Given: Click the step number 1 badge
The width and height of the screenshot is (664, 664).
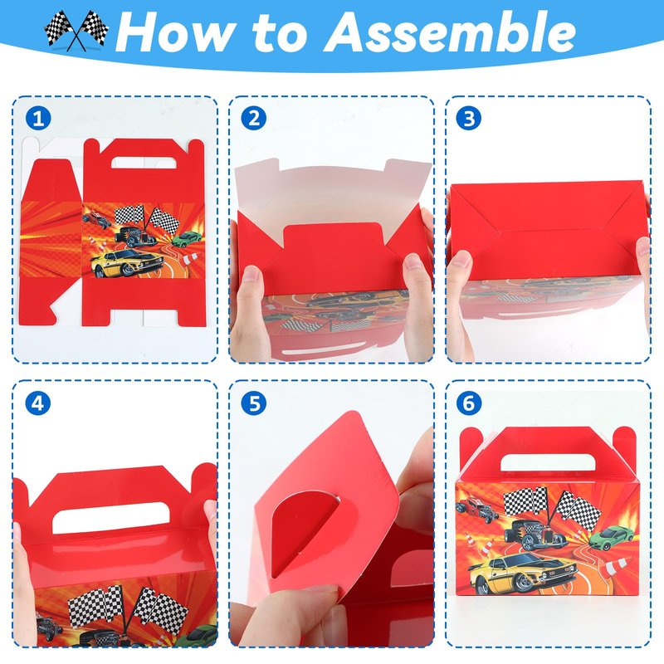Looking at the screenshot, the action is click(38, 118).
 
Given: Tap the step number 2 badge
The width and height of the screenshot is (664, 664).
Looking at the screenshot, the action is click(254, 118).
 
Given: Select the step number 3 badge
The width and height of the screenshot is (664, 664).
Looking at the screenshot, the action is click(469, 118).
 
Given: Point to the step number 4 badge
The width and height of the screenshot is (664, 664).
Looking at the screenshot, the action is click(38, 403).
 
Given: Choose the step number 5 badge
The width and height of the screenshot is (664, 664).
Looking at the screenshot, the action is click(254, 403).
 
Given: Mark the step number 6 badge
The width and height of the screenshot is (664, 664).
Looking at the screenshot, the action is click(469, 403).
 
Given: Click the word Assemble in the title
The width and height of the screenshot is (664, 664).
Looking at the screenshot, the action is click(450, 32).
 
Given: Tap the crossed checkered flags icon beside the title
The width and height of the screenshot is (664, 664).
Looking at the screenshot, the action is click(76, 31).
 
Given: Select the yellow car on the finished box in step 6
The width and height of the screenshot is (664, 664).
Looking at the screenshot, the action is click(523, 573).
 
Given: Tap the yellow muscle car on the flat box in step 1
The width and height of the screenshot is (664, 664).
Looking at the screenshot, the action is click(126, 263).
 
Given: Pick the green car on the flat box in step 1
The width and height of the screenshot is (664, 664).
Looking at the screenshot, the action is click(188, 238).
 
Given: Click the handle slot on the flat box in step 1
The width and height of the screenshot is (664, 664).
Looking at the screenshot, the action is click(144, 163).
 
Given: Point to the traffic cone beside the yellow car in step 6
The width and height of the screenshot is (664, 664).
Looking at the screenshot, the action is click(617, 567).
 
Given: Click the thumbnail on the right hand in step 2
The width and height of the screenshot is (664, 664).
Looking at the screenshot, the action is click(413, 262).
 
